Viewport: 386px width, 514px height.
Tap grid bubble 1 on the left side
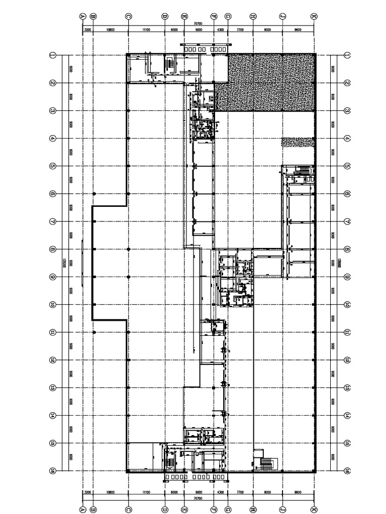[x=52, y=55]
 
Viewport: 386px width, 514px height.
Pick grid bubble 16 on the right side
[x=347, y=471]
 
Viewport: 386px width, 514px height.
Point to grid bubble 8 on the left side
[x=52, y=249]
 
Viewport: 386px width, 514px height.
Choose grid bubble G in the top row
[x=228, y=16]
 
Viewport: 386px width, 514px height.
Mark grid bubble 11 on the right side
[x=347, y=332]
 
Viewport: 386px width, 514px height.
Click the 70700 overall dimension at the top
[x=198, y=24]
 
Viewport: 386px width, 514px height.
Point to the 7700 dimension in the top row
[x=240, y=30]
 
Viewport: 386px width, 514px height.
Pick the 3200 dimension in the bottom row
[x=87, y=493]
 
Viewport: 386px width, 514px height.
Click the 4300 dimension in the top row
[x=221, y=30]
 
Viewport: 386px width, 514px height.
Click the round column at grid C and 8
[x=129, y=249]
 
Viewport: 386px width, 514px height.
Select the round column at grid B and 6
[x=93, y=193]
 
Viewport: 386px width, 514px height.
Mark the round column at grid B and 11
[x=93, y=332]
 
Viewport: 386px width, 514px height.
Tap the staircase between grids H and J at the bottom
[x=266, y=463]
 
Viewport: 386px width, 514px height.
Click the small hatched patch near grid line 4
[x=298, y=143]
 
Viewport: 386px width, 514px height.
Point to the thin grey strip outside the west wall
[x=82, y=249]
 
